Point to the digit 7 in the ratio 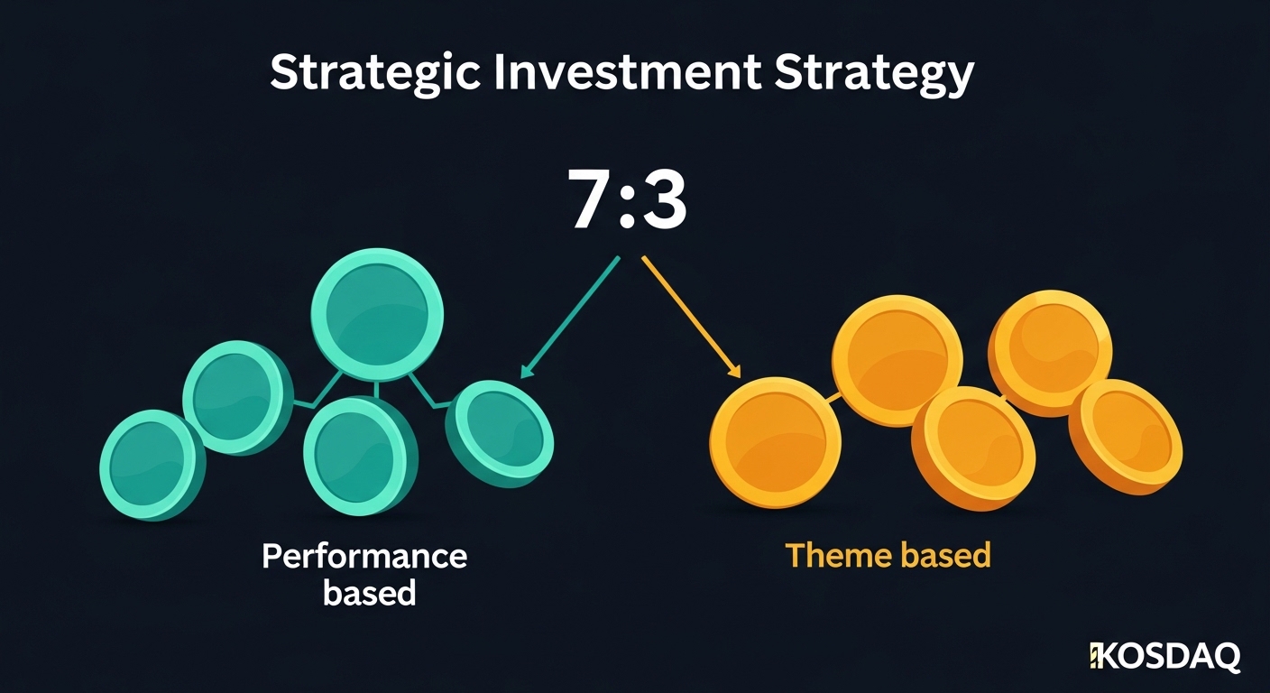[x=592, y=200]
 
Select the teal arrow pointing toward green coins [x=570, y=316]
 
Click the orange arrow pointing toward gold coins [x=691, y=316]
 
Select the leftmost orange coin [x=774, y=443]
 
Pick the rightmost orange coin [x=1126, y=437]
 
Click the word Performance [x=364, y=556]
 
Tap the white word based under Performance [x=369, y=593]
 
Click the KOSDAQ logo [x=1164, y=656]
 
